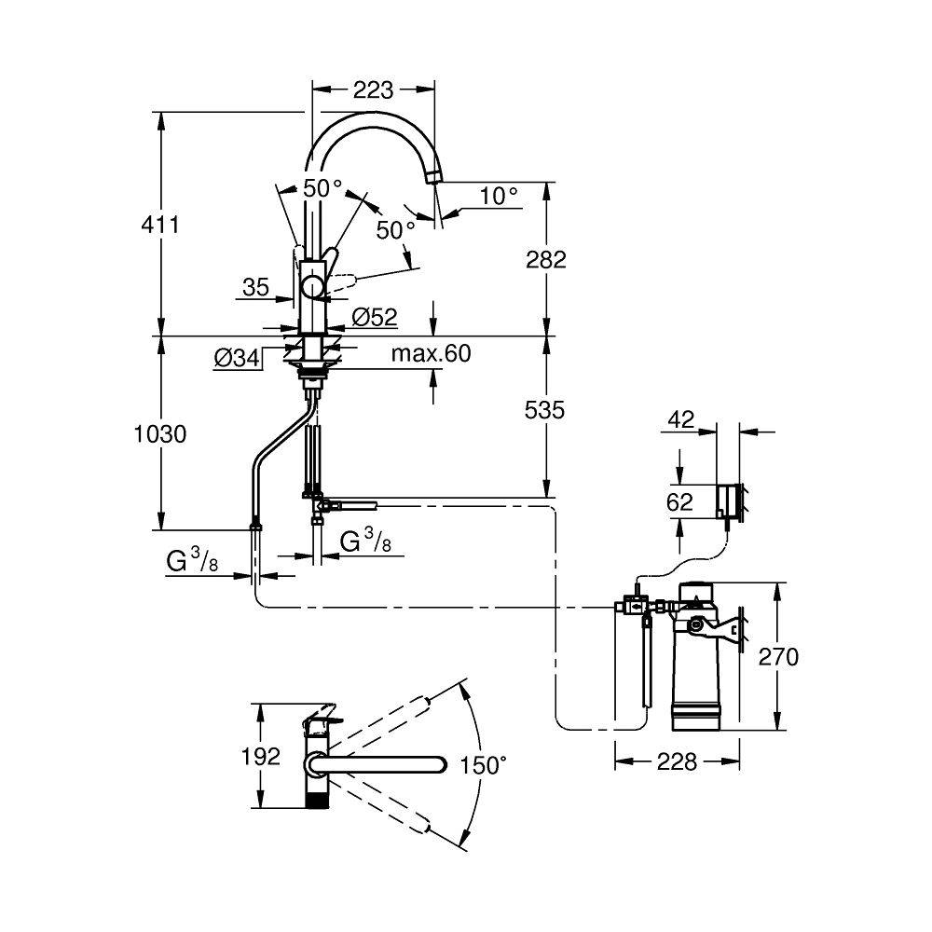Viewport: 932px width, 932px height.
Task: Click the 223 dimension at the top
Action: [x=374, y=89]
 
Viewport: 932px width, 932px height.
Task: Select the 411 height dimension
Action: [x=160, y=225]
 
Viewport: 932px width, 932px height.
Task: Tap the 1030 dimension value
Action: [x=160, y=434]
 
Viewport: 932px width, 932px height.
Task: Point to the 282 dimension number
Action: [x=546, y=260]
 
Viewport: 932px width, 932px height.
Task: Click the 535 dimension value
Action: [x=545, y=410]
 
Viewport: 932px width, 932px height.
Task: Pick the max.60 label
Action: [x=431, y=353]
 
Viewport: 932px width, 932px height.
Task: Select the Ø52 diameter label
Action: [x=375, y=317]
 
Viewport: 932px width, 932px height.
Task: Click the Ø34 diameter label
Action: [x=237, y=358]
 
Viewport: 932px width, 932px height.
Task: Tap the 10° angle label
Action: [x=499, y=195]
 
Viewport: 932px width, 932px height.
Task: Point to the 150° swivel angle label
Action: [x=483, y=765]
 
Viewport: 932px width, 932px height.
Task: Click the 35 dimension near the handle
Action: [x=256, y=288]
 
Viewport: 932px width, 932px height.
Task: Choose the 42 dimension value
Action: [x=681, y=419]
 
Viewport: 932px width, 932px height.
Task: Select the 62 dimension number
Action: [x=680, y=502]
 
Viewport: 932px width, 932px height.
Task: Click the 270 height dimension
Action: [x=778, y=657]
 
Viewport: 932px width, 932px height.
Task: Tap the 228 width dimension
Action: [x=677, y=761]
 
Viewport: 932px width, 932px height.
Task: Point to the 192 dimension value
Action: [x=260, y=757]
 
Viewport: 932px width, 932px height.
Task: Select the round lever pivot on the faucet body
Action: [x=312, y=288]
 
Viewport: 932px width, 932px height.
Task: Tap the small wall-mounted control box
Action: [x=728, y=501]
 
